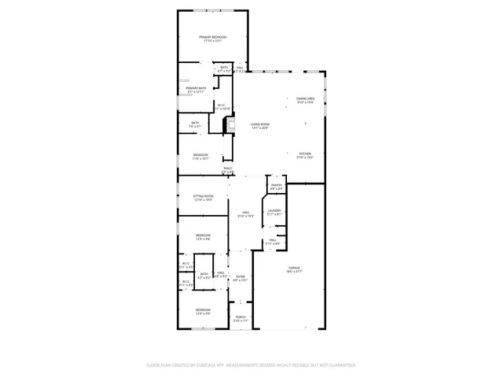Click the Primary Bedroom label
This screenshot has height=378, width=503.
tap(212, 37)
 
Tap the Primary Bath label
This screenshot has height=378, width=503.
tap(196, 88)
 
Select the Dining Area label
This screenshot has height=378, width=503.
tap(305, 98)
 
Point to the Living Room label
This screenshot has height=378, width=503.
tap(260, 124)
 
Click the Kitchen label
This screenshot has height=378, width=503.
tap(305, 154)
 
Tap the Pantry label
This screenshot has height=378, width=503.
tap(277, 185)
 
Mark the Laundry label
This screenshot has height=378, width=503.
tap(274, 210)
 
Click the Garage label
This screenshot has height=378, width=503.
tap(294, 268)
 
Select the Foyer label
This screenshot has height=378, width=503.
tap(240, 276)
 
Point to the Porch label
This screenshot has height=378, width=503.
tap(240, 317)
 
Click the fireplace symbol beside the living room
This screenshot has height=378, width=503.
tap(229, 125)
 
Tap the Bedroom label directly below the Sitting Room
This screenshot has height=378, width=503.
tap(204, 235)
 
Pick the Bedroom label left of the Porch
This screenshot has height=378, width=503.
tap(204, 310)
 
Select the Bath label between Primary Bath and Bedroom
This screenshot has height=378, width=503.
tap(195, 123)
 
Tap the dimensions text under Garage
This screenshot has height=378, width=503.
tap(294, 272)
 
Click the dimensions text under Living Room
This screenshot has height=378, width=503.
tap(260, 128)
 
